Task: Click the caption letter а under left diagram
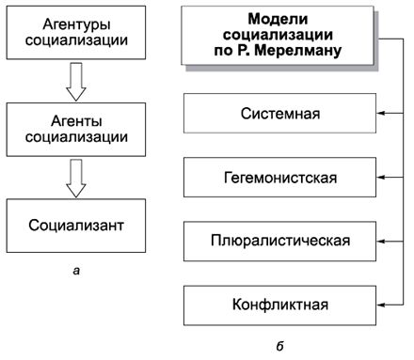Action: tap(75, 273)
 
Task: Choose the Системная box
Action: tap(279, 115)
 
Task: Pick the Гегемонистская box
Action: tap(279, 177)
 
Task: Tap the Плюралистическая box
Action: tap(279, 241)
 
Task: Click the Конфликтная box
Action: tap(279, 305)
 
